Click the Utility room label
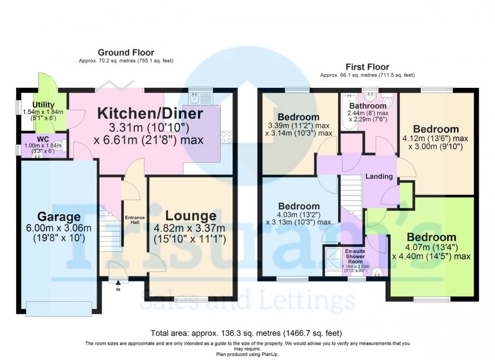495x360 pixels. click(x=44, y=105)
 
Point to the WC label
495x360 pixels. click(x=43, y=139)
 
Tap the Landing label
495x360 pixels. click(x=379, y=177)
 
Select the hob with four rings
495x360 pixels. click(x=227, y=137)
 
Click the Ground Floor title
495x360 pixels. click(x=126, y=52)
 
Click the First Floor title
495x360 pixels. click(x=367, y=67)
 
